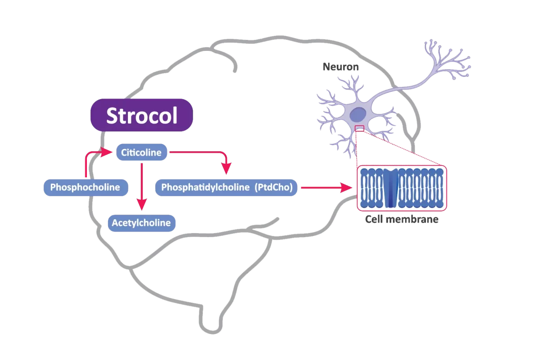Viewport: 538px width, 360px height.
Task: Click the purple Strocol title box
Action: [x=142, y=115]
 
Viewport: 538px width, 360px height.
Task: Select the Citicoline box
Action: [x=141, y=153]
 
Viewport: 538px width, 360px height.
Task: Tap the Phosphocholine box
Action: [x=85, y=187]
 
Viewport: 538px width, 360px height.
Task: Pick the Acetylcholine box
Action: [x=141, y=223]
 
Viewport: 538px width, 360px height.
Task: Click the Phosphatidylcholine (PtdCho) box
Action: [x=226, y=187]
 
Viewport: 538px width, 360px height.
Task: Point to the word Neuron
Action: [x=340, y=67]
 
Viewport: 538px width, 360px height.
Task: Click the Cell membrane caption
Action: [x=402, y=220]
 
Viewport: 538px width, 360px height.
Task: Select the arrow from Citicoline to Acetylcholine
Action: [x=142, y=184]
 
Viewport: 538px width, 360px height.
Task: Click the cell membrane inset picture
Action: [x=402, y=188]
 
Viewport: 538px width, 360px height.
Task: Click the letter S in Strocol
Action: [x=112, y=116]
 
